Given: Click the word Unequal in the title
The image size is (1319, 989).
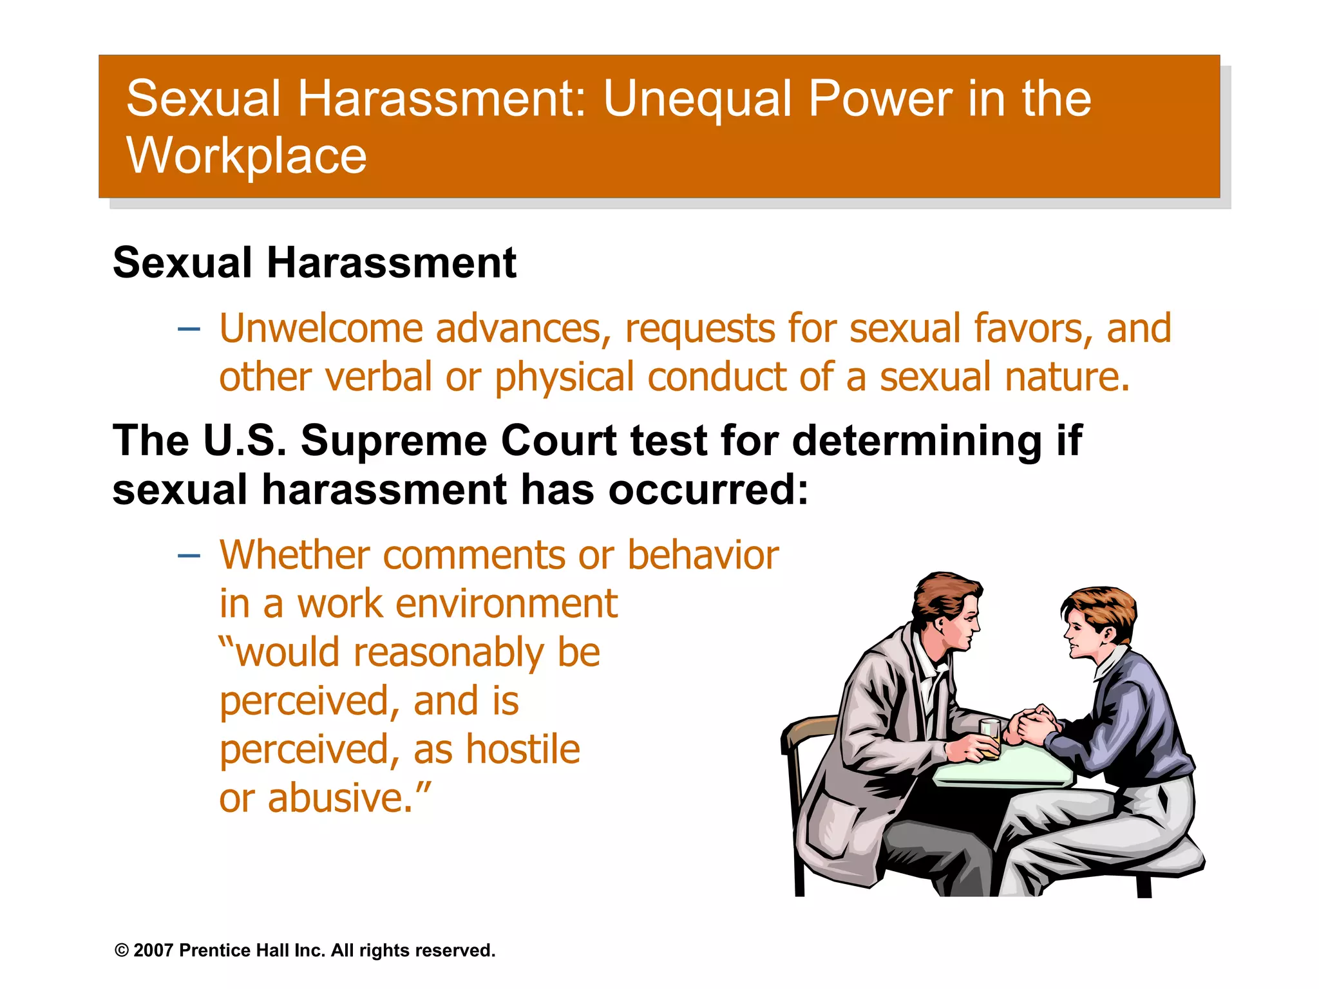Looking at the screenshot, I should coord(697,100).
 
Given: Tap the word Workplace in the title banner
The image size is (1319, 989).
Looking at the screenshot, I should coord(247,156).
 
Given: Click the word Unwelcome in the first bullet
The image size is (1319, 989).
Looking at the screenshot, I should coord(321,328).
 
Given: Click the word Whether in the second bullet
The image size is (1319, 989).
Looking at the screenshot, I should coord(294,555).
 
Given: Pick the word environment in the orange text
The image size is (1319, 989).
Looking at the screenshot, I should coord(506,605).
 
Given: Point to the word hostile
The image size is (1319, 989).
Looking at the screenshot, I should coord(522,750).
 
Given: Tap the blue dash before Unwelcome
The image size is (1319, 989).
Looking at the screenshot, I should coord(189,330).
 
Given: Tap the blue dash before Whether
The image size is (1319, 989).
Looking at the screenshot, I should coord(189,556).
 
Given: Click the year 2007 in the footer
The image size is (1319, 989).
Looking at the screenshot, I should coord(154,950).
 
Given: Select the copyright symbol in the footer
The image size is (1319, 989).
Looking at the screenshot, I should coord(121,950).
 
